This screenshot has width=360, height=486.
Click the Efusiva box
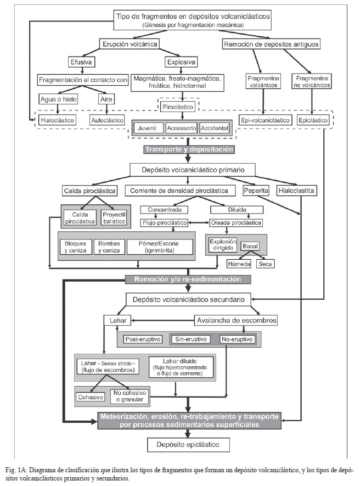[x=81, y=62]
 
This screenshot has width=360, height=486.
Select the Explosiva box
[x=181, y=62]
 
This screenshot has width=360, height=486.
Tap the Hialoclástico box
[x=57, y=120]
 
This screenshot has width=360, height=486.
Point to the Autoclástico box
[x=107, y=120]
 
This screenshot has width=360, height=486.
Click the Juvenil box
[x=147, y=128]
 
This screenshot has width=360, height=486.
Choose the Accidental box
[x=214, y=128]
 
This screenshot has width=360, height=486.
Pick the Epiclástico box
[x=313, y=120]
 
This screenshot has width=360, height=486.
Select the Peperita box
[x=256, y=191]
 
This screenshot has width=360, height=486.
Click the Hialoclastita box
[x=296, y=191]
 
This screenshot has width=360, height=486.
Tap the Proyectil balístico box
[x=114, y=218]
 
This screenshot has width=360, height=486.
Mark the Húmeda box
[x=239, y=264]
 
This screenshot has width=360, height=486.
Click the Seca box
[x=265, y=264]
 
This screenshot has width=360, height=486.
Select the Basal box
[x=250, y=246]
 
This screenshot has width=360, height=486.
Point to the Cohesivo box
[x=91, y=397]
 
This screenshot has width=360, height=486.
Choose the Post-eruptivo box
[x=143, y=339]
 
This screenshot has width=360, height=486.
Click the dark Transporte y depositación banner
[x=189, y=149]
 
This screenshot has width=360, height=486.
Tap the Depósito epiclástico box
[x=188, y=444]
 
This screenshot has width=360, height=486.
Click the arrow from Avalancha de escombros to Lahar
[x=162, y=320]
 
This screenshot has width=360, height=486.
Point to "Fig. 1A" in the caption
[x=16, y=470]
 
